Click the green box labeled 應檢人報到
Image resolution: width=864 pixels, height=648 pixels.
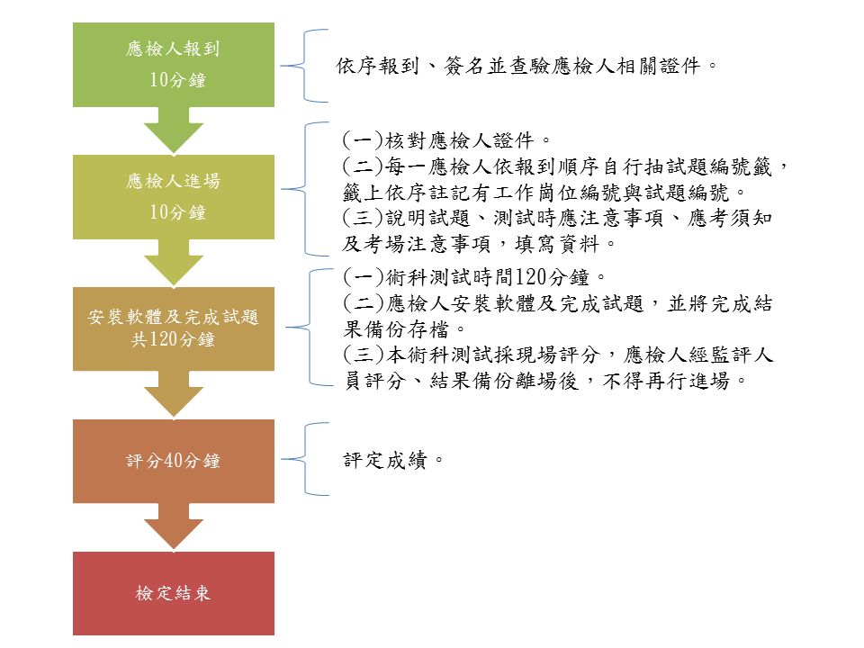point(174,65)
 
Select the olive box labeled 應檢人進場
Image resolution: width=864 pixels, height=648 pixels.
point(174,197)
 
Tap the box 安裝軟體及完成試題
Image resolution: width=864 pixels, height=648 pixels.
point(174,328)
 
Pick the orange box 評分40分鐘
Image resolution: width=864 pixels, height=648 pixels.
point(174,461)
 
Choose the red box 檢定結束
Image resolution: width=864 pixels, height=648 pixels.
point(174,593)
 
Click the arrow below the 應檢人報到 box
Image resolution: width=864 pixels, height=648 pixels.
point(174,130)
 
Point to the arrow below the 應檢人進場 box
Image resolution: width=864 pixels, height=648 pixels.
point(174,263)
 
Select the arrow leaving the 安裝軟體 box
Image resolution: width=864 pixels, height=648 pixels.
point(174,394)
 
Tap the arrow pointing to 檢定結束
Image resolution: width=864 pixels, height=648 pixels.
point(174,526)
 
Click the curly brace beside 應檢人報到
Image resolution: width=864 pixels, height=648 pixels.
point(304,66)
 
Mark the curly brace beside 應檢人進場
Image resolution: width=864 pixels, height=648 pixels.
point(305,189)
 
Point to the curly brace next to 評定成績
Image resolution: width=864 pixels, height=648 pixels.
point(305,459)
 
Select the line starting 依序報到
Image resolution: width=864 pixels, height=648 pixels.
point(526,66)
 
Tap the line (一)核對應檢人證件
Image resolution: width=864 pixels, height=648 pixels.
point(445,140)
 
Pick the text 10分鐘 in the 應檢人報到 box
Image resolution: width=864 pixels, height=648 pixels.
point(177,80)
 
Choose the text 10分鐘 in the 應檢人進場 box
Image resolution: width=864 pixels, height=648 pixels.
point(177,212)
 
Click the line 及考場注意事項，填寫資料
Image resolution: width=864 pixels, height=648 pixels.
point(478,244)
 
